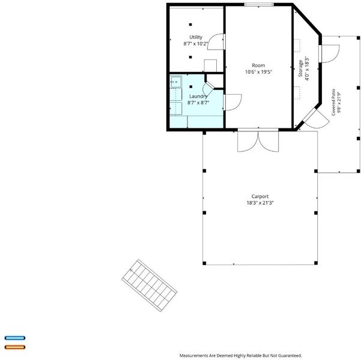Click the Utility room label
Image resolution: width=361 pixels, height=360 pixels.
tap(196, 37)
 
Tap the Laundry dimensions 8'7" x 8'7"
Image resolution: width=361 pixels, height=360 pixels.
tap(198, 103)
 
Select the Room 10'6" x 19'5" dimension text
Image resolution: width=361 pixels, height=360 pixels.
tap(258, 72)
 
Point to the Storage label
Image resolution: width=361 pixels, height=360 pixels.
tap(300, 68)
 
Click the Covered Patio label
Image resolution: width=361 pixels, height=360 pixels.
tap(333, 102)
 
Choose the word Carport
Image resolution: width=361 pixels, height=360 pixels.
tap(260, 196)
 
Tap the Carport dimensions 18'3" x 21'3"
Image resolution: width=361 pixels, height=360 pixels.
tap(260, 203)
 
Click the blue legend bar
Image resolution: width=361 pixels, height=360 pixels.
tap(15, 338)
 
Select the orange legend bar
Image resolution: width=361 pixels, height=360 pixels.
tap(15, 347)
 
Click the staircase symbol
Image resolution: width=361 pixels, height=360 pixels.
tap(149, 286)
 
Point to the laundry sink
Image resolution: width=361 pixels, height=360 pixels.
tap(176, 82)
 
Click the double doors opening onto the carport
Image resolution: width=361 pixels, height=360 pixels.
tap(258, 141)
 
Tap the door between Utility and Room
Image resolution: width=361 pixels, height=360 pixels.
tap(216, 41)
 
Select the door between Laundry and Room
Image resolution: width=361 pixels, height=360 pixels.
tap(232, 103)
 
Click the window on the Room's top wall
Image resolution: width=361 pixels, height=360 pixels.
tap(259, 4)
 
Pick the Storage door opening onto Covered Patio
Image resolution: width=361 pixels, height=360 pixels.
tap(329, 53)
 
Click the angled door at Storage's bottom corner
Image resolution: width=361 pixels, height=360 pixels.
tap(315, 118)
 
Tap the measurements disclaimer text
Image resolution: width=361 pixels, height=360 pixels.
tap(241, 356)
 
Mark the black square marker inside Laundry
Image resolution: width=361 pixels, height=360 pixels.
tap(190, 87)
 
